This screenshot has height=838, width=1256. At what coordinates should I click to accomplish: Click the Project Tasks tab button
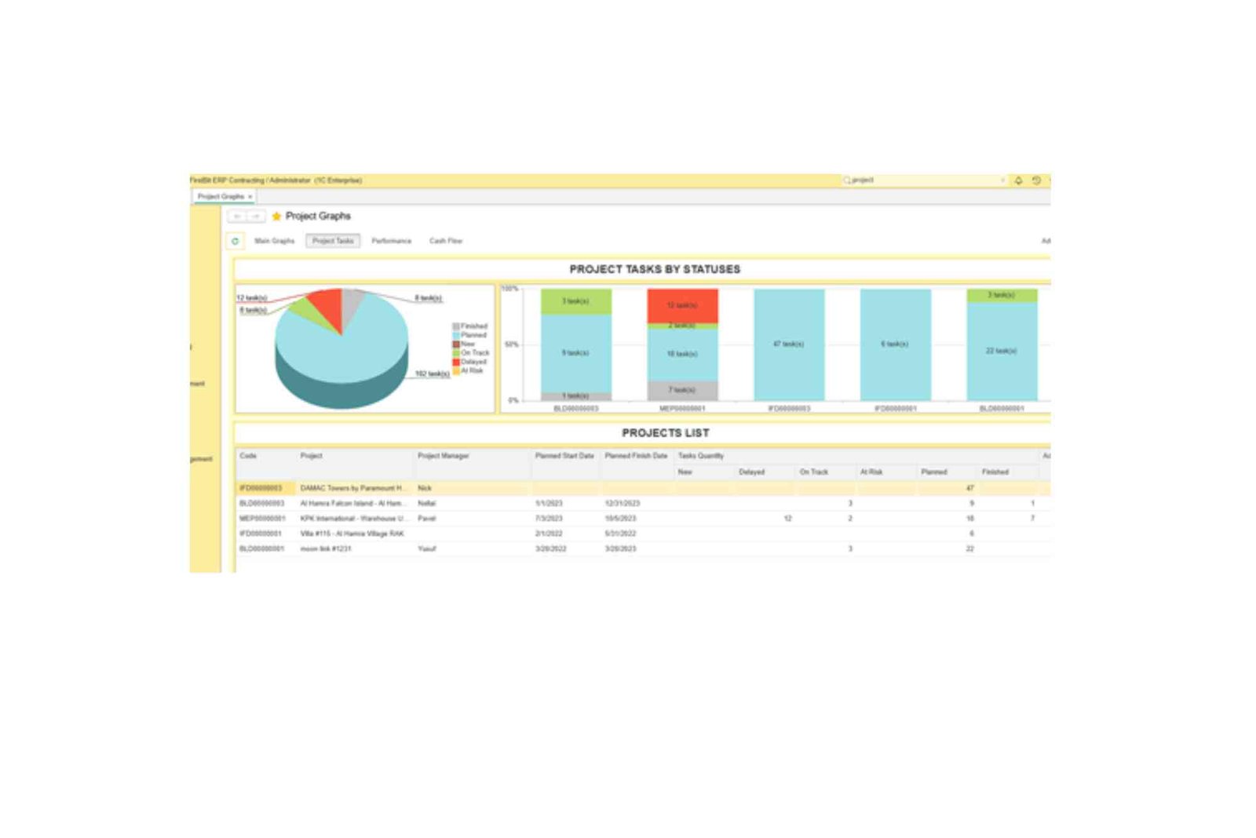(333, 241)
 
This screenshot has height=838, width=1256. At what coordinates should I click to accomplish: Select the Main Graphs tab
(274, 241)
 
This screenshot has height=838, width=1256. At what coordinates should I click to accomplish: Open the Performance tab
(391, 241)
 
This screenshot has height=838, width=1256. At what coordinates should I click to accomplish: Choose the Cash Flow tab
(446, 241)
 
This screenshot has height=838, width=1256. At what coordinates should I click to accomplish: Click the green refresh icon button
(235, 241)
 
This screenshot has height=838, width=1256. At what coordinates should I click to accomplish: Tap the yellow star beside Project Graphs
(276, 216)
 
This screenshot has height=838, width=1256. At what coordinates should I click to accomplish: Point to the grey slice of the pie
(352, 300)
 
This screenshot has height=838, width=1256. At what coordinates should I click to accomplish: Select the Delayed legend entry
(473, 362)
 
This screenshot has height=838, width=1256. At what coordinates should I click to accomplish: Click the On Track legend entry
(474, 353)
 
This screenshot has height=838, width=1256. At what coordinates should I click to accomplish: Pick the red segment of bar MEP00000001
(682, 305)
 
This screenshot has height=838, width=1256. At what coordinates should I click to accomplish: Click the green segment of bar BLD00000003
(575, 301)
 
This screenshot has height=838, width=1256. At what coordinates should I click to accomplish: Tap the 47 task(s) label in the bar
(788, 344)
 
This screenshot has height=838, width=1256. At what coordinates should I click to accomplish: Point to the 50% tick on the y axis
(511, 344)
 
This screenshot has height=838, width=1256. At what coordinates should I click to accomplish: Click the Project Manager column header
(444, 456)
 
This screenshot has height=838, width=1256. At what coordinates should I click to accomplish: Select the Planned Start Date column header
(564, 456)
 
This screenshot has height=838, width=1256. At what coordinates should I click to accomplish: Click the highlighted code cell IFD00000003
(261, 488)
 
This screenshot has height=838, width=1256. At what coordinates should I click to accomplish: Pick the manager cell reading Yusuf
(427, 548)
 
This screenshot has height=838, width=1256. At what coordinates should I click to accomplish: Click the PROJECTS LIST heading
(665, 433)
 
